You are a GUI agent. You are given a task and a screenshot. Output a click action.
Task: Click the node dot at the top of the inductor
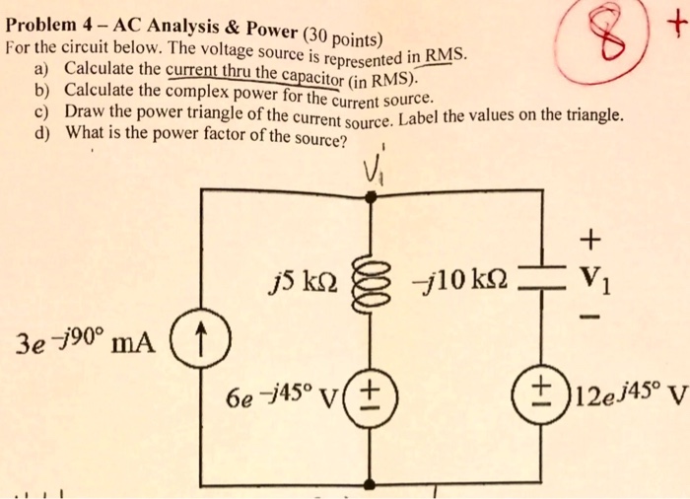pyautogui.click(x=371, y=196)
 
